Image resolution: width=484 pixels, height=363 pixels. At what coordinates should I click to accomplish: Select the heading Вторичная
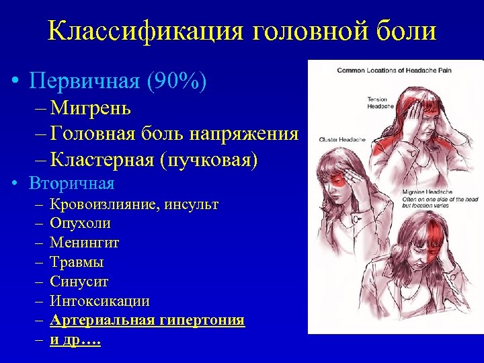[72, 183]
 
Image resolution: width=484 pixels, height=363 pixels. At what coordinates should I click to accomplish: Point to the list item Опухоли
[81, 223]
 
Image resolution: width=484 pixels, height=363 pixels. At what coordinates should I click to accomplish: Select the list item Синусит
[79, 282]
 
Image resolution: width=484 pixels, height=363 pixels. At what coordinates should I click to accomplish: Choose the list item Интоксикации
[100, 301]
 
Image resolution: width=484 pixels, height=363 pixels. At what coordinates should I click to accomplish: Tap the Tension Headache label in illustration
[377, 103]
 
